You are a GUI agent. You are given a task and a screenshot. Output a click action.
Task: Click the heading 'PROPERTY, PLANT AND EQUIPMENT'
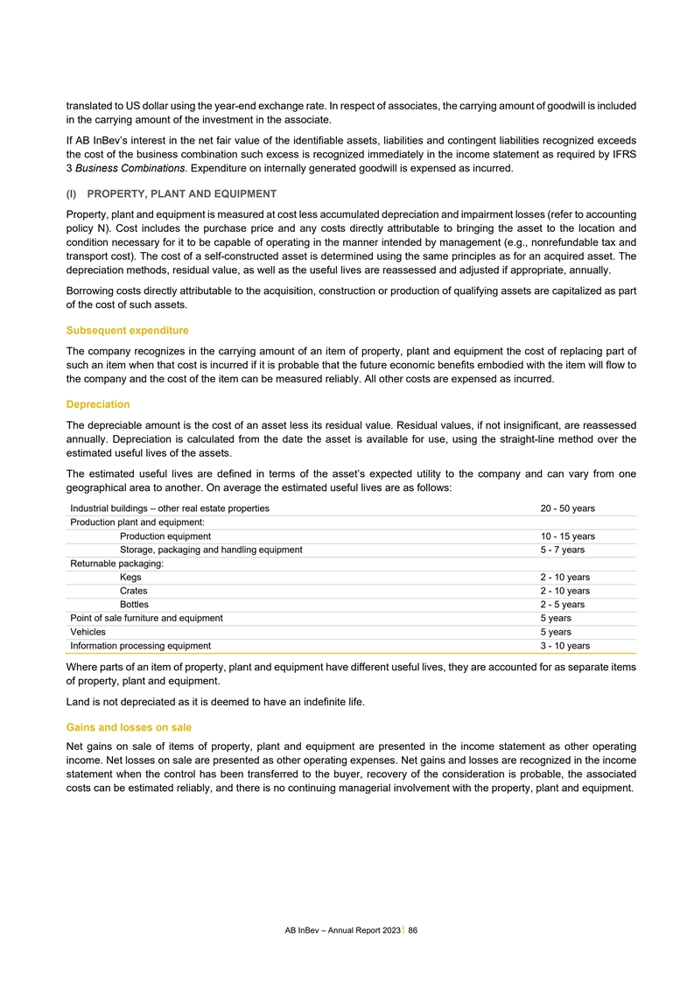coord(182,193)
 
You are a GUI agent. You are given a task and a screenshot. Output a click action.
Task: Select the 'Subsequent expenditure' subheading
coord(128,330)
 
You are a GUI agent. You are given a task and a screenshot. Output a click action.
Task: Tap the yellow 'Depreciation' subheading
coord(98,404)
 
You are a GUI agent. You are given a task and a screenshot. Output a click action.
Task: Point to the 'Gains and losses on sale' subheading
coord(129,726)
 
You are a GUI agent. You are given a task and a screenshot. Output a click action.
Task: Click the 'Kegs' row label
coord(130,578)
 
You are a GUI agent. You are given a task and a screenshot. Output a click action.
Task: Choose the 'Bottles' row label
coord(134,605)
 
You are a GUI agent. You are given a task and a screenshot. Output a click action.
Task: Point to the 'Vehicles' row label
coord(88,632)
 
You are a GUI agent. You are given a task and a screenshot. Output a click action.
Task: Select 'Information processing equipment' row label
coord(140,646)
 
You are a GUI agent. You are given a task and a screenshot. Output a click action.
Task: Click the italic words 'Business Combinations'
coord(126,167)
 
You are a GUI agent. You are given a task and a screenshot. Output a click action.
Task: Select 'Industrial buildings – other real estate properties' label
coord(170,508)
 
